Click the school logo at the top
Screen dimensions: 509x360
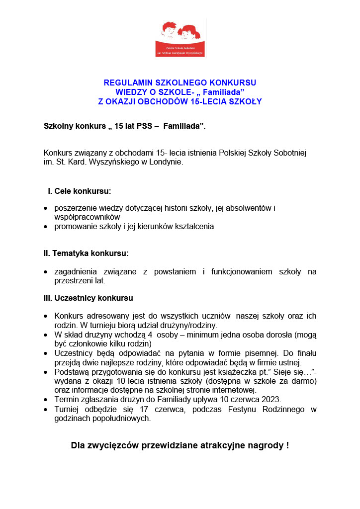tap(180, 39)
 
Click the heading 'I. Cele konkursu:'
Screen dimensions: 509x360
tap(79, 191)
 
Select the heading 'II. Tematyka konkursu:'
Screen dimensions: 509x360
tap(86, 253)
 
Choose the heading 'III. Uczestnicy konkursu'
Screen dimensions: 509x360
tap(89, 298)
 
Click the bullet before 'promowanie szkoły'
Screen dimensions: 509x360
tap(46, 227)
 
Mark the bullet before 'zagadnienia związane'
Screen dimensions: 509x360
tap(46, 272)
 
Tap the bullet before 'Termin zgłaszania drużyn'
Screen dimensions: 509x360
tap(46, 399)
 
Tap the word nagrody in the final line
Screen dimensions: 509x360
tap(264, 445)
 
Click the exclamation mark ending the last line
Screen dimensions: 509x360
tap(287, 445)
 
